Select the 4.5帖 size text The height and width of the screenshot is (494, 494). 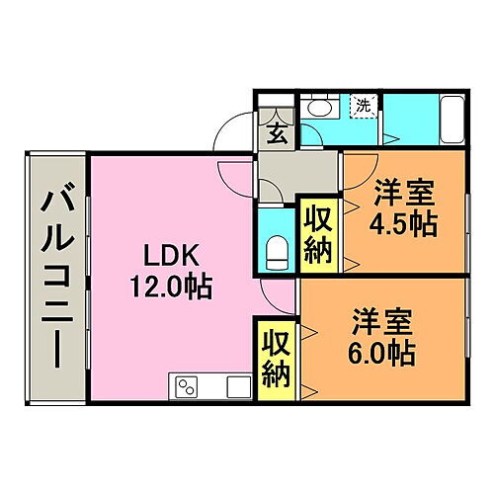tap(404, 224)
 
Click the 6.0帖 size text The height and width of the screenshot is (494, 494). tap(380, 351)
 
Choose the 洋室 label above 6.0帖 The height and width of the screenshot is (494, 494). tap(380, 321)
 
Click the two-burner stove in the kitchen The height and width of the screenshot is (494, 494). tap(188, 385)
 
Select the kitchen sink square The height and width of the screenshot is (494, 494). tap(237, 385)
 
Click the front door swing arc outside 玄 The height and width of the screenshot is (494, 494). tap(235, 133)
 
